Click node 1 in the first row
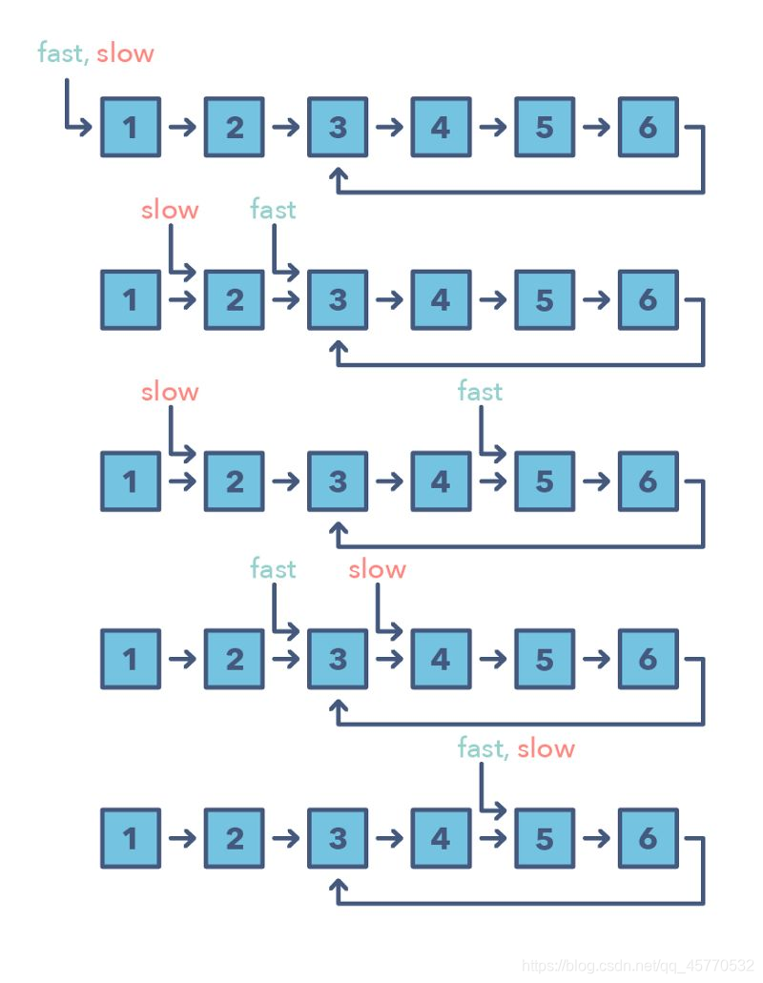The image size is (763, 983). [x=130, y=126]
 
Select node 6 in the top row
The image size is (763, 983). [x=648, y=126]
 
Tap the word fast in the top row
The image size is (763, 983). [x=61, y=52]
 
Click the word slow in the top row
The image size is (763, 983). [x=125, y=52]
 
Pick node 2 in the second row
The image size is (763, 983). [x=234, y=299]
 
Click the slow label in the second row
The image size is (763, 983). [x=170, y=209]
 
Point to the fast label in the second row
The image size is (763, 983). [x=273, y=209]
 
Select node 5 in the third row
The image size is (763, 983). [x=544, y=480]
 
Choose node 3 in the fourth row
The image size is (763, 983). [x=338, y=658]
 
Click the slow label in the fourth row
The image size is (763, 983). [x=377, y=569]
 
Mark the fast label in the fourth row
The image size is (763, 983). [x=273, y=569]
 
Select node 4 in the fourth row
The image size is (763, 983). [x=441, y=658]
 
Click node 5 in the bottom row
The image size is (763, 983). [x=544, y=838]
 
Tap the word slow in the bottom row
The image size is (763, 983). [x=546, y=748]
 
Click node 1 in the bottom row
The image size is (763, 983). [x=130, y=838]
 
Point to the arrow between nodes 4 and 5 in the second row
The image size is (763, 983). [x=492, y=299]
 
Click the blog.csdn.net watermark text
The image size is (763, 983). [x=638, y=967]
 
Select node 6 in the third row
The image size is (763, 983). [x=648, y=480]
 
